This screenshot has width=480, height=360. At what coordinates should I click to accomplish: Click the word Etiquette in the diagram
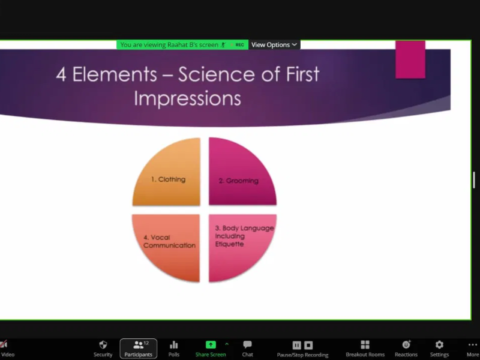(x=229, y=244)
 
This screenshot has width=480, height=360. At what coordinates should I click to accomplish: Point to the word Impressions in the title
(x=187, y=98)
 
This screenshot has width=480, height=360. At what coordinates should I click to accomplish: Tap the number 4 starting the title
(x=61, y=74)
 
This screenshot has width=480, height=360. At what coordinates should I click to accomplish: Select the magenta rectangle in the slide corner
(x=410, y=59)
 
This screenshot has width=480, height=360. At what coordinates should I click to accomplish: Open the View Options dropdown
(x=274, y=44)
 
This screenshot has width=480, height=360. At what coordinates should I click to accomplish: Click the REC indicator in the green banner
(x=239, y=45)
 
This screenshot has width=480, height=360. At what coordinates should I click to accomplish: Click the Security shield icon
(x=103, y=344)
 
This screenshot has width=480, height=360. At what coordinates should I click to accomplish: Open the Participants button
(x=139, y=349)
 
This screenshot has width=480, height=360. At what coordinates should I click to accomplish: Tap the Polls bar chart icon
(x=174, y=345)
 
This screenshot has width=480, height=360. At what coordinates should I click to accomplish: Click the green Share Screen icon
(x=211, y=344)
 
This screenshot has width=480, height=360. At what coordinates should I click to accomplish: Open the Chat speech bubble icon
(x=247, y=344)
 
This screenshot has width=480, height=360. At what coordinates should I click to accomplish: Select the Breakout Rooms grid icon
(x=365, y=344)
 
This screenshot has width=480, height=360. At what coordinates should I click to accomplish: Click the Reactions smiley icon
(x=406, y=344)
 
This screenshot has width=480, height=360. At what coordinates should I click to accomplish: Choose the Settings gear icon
(x=439, y=344)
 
